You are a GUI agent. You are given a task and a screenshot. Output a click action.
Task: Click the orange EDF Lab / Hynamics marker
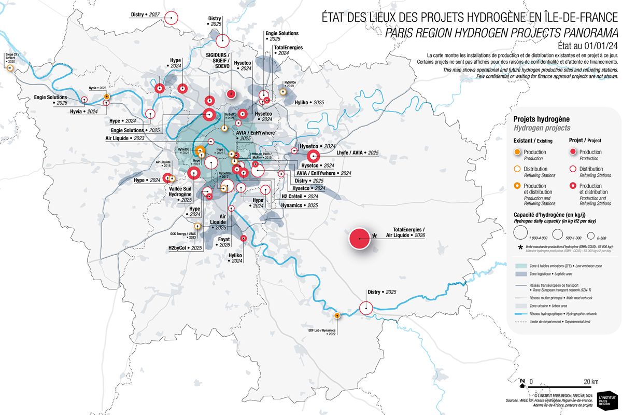coord(337,315)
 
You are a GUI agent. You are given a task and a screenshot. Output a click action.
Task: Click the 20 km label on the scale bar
coord(590,382)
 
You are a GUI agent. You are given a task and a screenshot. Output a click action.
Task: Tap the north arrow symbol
coord(522,383)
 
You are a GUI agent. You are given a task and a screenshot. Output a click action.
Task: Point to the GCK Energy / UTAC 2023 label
coord(184,235)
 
